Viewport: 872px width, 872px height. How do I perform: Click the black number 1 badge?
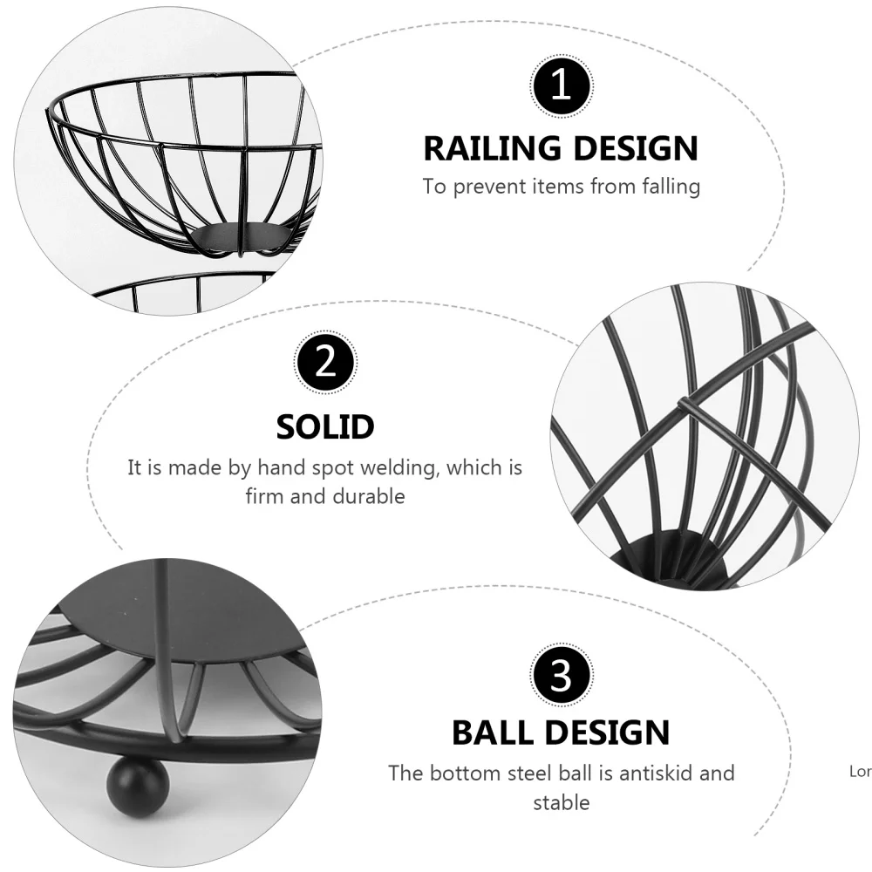coord(562,87)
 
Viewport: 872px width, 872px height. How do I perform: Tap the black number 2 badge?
coord(325,363)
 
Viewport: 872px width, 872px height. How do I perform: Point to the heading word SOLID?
coord(325,427)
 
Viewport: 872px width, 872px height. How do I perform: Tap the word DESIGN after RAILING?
coord(636,149)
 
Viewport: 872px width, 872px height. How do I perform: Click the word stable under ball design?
coord(562,802)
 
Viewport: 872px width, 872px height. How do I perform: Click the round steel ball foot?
coord(130,790)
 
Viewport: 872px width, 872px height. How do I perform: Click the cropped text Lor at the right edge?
coord(859,771)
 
